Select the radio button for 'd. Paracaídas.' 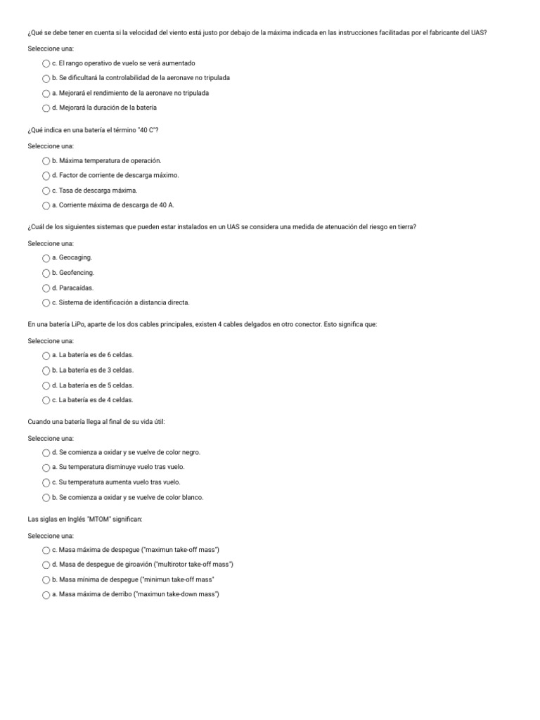(46, 288)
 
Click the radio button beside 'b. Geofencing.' (46, 273)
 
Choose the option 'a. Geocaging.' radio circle (46, 258)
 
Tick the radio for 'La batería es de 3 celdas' (46, 371)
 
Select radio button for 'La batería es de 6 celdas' (46, 355)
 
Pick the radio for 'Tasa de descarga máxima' (46, 191)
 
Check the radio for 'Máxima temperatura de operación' (46, 161)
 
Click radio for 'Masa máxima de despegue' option (46, 550)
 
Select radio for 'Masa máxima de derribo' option (46, 595)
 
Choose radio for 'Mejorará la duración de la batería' (46, 108)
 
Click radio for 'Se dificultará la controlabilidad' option (46, 78)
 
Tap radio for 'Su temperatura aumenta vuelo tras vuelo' (46, 482)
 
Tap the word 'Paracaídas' (77, 288)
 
